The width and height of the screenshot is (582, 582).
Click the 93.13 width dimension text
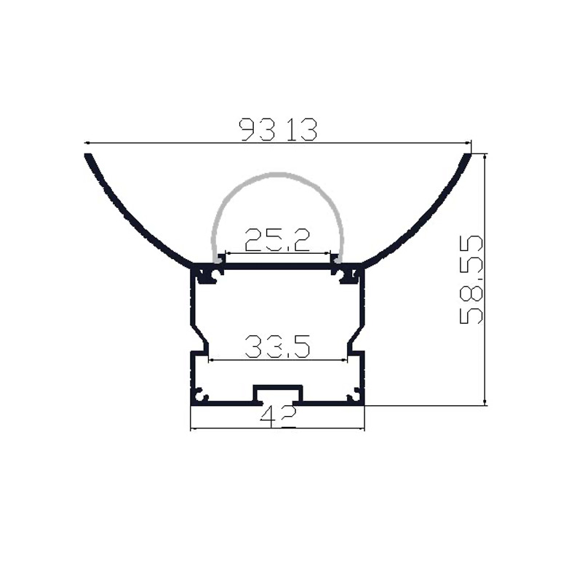pos(279,130)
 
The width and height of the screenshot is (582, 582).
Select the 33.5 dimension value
pos(278,346)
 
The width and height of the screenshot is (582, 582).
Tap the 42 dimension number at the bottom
pos(278,416)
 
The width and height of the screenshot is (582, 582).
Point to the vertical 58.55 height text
pos(472,279)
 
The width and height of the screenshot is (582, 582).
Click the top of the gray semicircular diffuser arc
pos(277,174)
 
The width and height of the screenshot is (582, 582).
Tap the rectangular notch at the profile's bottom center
pos(277,394)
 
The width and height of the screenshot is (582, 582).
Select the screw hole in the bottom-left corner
pos(202,396)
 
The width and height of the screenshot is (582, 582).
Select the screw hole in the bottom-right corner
pos(354,396)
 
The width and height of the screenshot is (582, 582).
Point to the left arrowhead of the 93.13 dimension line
pos(88,143)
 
